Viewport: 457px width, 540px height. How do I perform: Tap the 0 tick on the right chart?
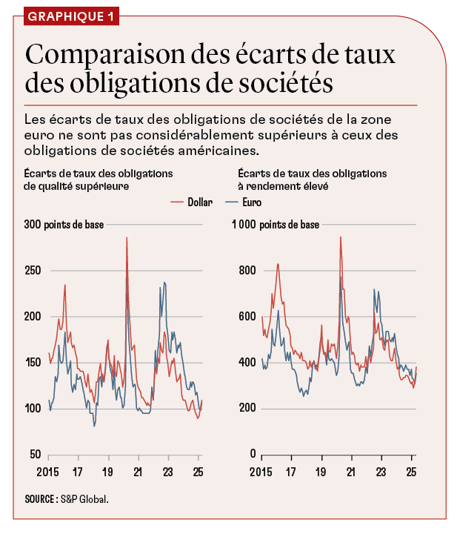(252, 455)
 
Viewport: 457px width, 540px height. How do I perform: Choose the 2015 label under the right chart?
(261, 471)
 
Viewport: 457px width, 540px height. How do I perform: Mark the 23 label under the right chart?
(381, 471)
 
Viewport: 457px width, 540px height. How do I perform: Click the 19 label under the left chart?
(107, 471)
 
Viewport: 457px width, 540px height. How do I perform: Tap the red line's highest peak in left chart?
(127, 238)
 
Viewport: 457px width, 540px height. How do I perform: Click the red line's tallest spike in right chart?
(341, 237)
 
